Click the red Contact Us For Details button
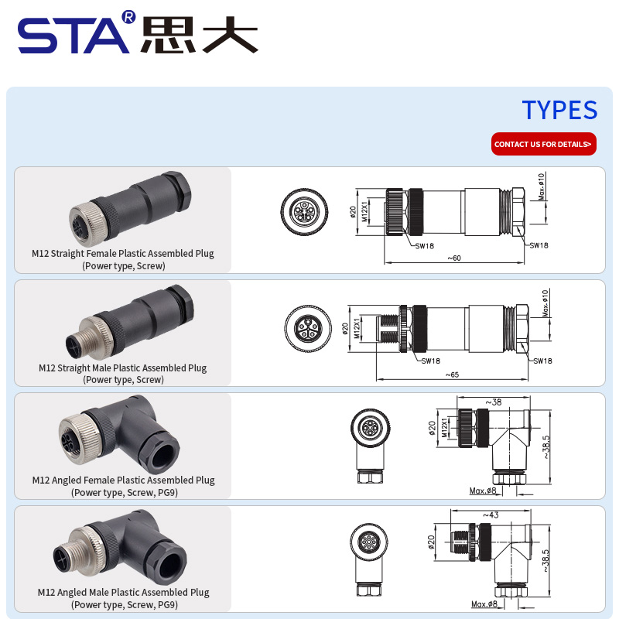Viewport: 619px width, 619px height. [x=544, y=144]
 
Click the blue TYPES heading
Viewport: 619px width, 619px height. [x=559, y=110]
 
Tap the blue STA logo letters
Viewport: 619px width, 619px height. [x=74, y=36]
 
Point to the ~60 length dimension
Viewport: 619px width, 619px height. [x=454, y=258]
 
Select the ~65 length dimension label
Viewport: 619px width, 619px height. [x=452, y=374]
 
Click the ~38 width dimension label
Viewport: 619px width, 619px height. [x=494, y=402]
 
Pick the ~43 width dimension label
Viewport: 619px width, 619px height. [x=491, y=515]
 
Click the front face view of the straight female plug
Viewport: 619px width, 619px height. [x=304, y=211]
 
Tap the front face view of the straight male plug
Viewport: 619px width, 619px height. [x=309, y=328]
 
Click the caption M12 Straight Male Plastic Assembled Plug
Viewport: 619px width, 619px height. [x=123, y=368]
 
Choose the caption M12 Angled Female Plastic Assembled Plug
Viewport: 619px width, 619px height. [x=124, y=480]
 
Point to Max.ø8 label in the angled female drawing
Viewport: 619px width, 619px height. [x=483, y=491]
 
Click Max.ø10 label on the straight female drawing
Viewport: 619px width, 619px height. [x=542, y=186]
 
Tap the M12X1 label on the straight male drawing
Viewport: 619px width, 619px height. [x=357, y=328]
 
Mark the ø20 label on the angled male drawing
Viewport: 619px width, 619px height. [x=431, y=542]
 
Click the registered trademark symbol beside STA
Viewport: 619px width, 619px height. [x=128, y=16]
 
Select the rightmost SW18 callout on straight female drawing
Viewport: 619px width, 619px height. [x=539, y=245]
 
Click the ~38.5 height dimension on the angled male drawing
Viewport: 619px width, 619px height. [x=545, y=560]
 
